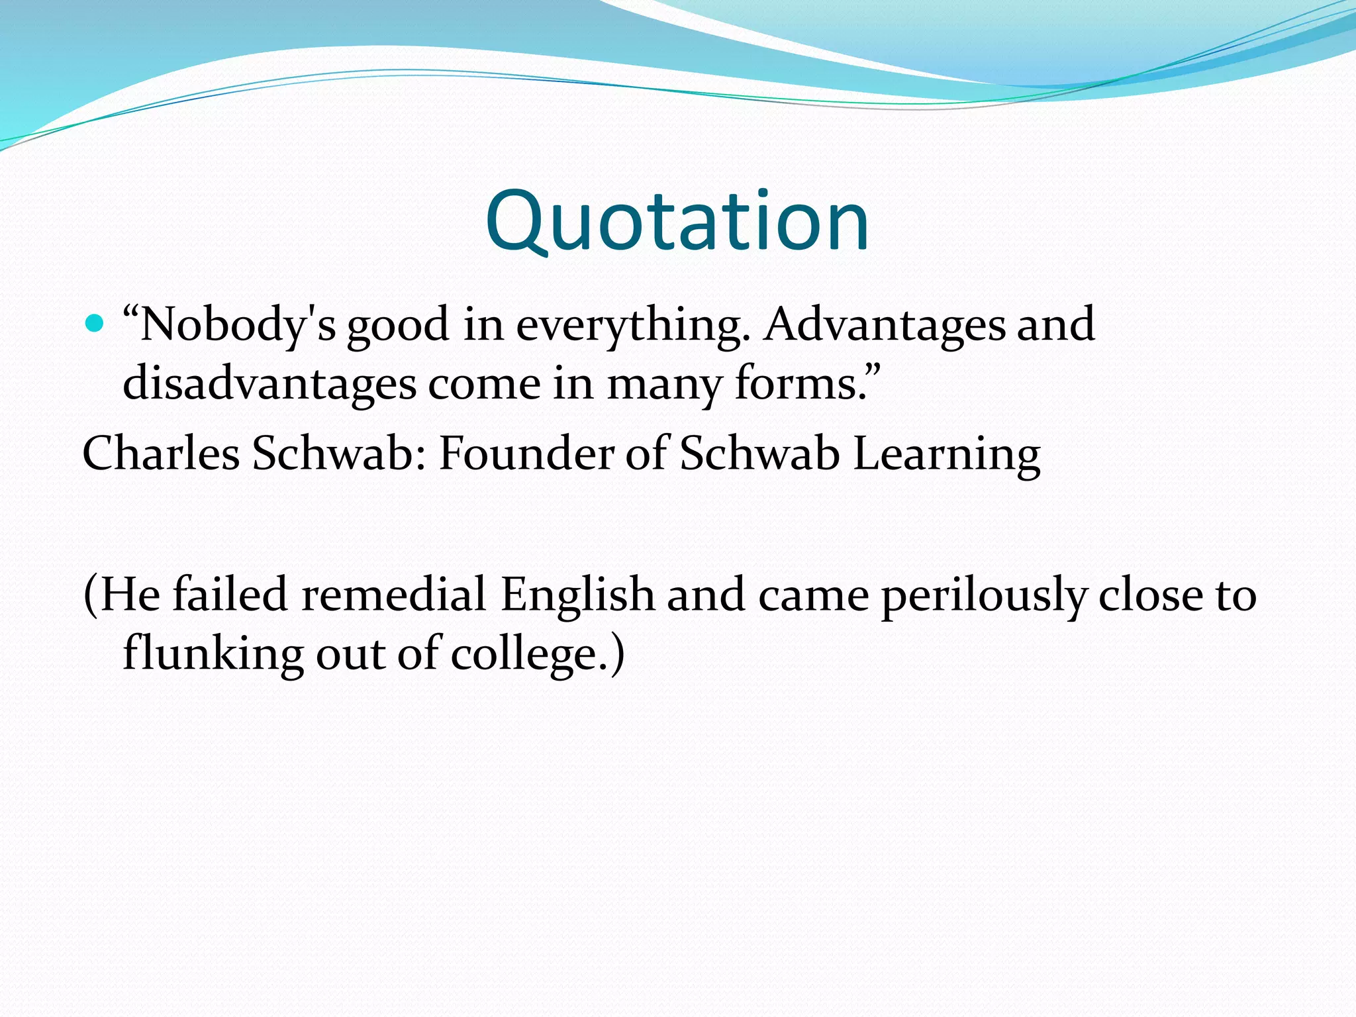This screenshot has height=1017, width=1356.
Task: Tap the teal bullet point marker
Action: click(95, 324)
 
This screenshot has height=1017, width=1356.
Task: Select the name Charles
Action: click(161, 454)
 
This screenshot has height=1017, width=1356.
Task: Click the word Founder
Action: click(526, 454)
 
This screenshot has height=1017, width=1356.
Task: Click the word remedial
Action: click(393, 594)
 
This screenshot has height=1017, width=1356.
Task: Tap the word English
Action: click(577, 594)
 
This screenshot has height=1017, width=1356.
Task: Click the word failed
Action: click(229, 594)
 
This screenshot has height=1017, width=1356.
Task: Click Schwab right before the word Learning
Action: click(759, 454)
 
